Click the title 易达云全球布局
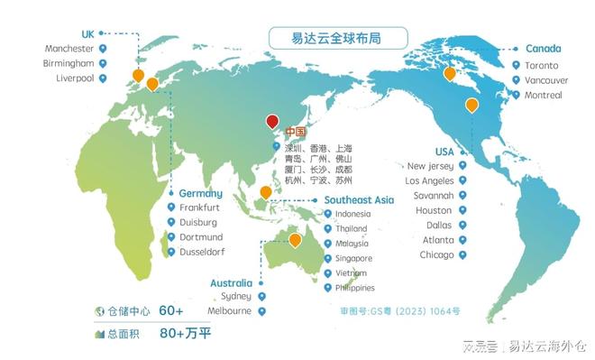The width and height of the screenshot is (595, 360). (337, 38)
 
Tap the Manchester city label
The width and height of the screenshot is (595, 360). (69, 48)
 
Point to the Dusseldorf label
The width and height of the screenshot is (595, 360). (202, 252)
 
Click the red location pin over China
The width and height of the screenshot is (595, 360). (273, 123)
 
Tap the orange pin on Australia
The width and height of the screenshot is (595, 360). (295, 240)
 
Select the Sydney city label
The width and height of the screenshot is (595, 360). (236, 296)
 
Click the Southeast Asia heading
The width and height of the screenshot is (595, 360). (359, 199)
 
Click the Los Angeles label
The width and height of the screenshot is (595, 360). (429, 180)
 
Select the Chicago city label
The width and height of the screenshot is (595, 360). (436, 255)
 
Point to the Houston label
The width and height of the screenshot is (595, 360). (434, 210)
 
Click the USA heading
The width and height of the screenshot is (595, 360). (444, 152)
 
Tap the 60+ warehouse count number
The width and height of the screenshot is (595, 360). (171, 311)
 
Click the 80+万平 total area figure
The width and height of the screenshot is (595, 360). (185, 333)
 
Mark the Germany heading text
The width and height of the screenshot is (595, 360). (200, 193)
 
